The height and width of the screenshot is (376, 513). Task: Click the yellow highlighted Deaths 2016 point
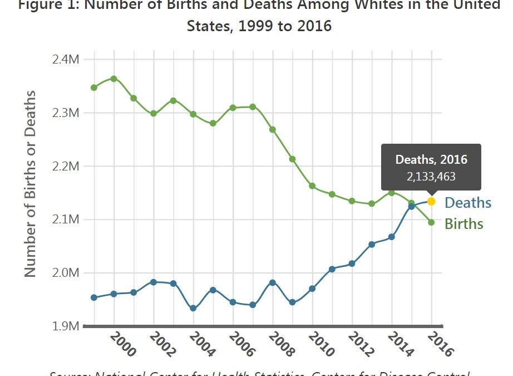(x=431, y=201)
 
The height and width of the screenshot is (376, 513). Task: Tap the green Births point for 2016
(x=431, y=222)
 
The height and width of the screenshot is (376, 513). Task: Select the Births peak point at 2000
(x=114, y=79)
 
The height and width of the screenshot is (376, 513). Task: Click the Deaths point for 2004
(x=193, y=308)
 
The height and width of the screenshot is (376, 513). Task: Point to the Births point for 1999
(x=94, y=87)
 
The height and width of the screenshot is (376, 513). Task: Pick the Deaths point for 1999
(x=94, y=297)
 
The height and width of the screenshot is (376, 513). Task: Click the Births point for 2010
(x=312, y=186)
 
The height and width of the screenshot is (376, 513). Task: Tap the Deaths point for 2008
(x=272, y=282)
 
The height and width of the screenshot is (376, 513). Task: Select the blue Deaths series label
(x=468, y=203)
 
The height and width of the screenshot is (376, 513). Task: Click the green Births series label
(x=464, y=224)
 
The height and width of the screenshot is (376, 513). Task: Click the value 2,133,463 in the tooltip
(x=431, y=177)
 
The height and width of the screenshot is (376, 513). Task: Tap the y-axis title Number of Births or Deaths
(x=30, y=183)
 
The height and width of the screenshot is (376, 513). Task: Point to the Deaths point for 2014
(x=392, y=237)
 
